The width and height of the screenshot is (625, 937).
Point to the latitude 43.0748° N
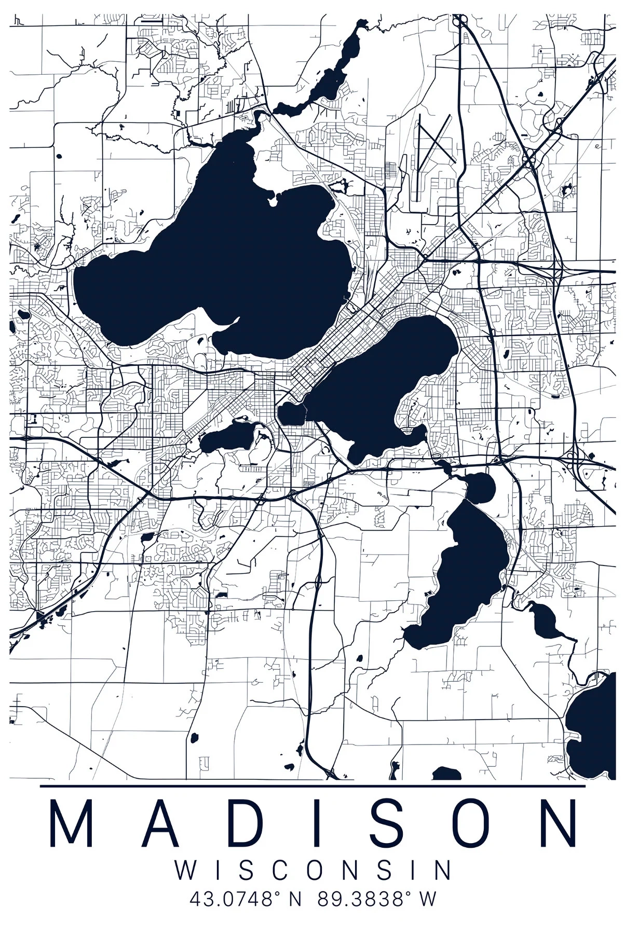coord(246,899)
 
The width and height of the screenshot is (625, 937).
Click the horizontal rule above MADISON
coord(312,786)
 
